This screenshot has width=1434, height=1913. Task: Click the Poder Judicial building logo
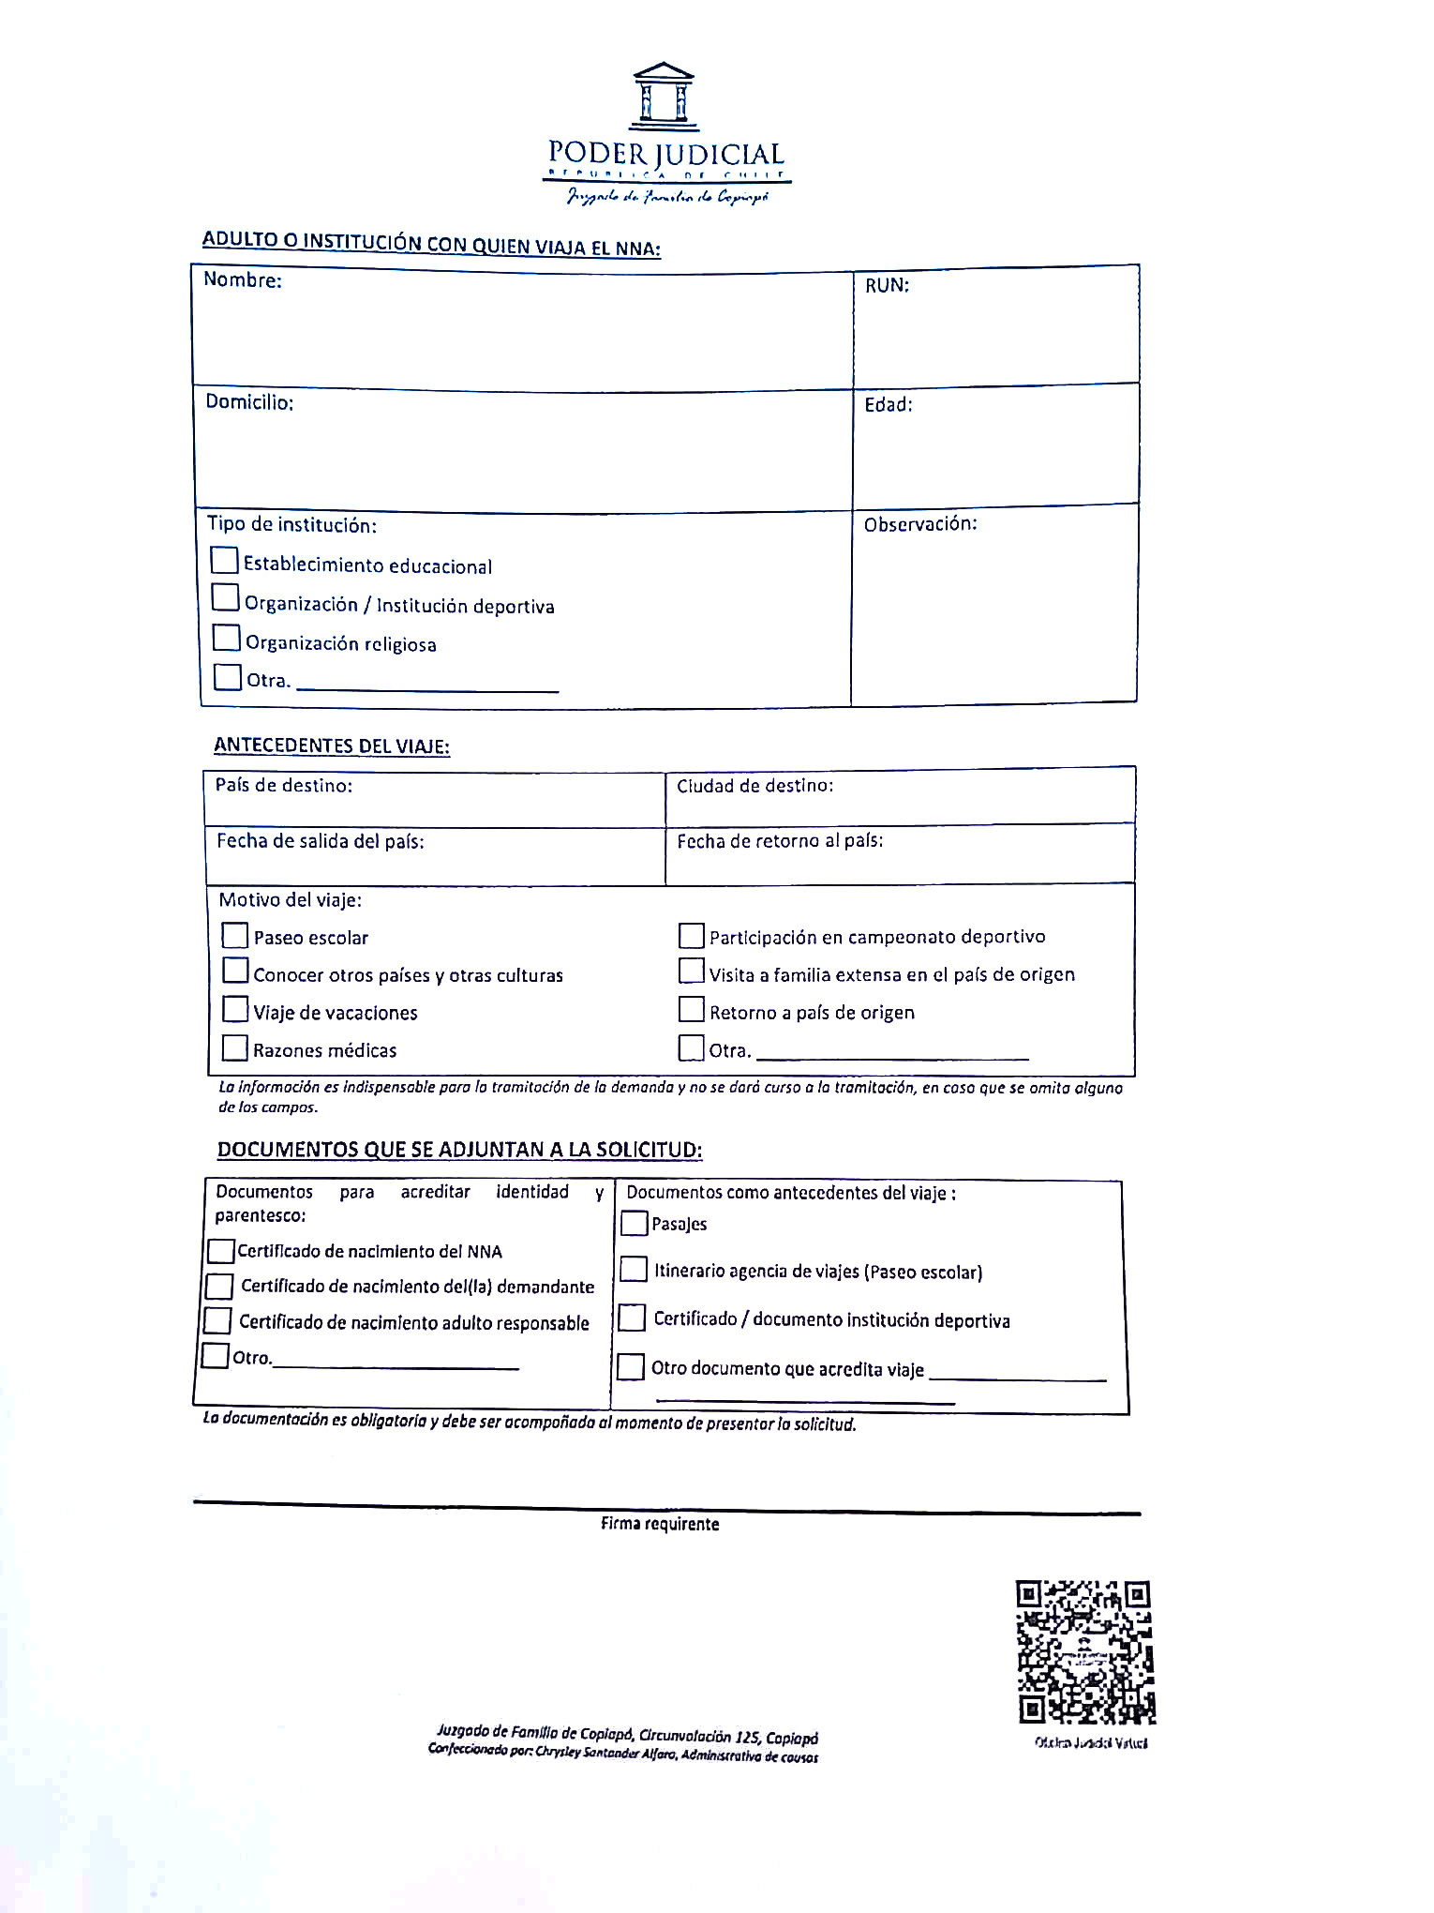pyautogui.click(x=664, y=95)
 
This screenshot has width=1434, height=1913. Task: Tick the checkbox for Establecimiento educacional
pyautogui.click(x=224, y=560)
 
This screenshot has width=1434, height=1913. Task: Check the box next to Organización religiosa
pyautogui.click(x=226, y=638)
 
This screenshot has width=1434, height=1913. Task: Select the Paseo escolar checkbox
pyautogui.click(x=235, y=935)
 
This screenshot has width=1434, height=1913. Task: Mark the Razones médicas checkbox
pyautogui.click(x=235, y=1047)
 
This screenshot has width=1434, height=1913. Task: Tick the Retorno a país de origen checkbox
pyautogui.click(x=692, y=1009)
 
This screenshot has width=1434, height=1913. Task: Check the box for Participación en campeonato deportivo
pyautogui.click(x=692, y=935)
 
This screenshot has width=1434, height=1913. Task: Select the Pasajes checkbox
pyautogui.click(x=635, y=1223)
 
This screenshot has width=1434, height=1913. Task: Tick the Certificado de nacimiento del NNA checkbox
pyautogui.click(x=221, y=1251)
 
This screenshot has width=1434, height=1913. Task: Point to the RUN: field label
pyautogui.click(x=887, y=285)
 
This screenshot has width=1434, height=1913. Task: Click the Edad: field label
pyautogui.click(x=888, y=404)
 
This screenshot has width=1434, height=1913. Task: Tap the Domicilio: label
pyautogui.click(x=249, y=402)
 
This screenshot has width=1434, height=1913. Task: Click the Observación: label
pyautogui.click(x=920, y=524)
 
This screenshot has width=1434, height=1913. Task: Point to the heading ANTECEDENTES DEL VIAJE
pyautogui.click(x=332, y=746)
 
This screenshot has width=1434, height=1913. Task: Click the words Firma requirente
pyautogui.click(x=660, y=1524)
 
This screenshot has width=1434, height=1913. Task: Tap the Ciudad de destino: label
pyautogui.click(x=754, y=786)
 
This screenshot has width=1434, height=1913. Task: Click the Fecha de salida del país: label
pyautogui.click(x=321, y=841)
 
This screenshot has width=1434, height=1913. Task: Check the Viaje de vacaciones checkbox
pyautogui.click(x=235, y=1009)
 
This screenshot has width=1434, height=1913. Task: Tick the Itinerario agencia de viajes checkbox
pyautogui.click(x=634, y=1270)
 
